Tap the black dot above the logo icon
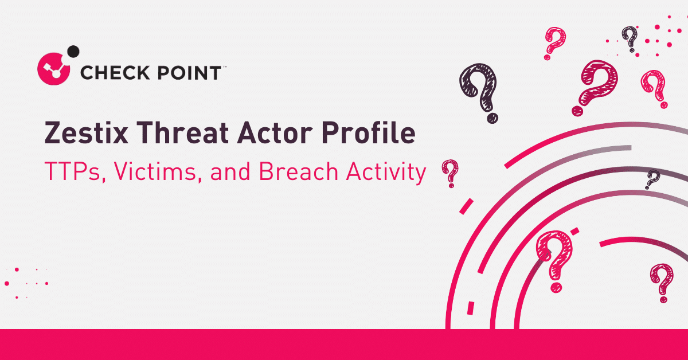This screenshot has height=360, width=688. click(73, 52)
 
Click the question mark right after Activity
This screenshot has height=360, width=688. click(450, 173)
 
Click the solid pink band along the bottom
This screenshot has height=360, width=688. click(344, 345)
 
